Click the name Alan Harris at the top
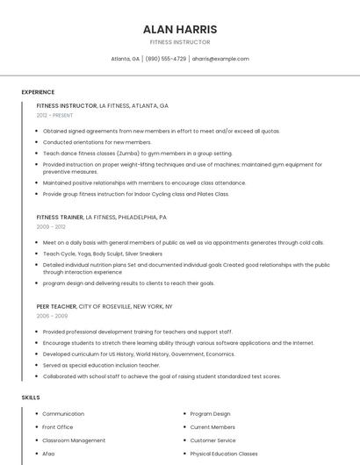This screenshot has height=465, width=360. [x=180, y=29]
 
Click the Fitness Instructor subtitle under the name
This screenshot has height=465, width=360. [x=180, y=41]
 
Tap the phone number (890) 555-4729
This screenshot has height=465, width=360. [x=166, y=59]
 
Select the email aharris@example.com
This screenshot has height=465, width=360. [x=220, y=59]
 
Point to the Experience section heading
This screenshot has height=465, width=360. [x=38, y=92]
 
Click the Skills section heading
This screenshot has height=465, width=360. [x=31, y=397]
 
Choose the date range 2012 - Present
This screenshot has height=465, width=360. [x=54, y=115]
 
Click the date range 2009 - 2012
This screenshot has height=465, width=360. [x=50, y=226]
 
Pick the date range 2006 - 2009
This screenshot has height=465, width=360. [x=52, y=316]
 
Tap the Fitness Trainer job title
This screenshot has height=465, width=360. [x=60, y=217]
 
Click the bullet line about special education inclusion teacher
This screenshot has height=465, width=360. [x=101, y=365]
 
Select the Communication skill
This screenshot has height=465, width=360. [x=63, y=413]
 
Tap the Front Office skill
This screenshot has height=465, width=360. [x=58, y=427]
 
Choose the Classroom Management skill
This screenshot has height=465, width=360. [x=74, y=440]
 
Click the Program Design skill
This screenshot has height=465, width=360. [x=210, y=413]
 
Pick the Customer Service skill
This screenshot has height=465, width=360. [x=212, y=440]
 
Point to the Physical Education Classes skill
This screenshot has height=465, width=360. [x=224, y=454]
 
